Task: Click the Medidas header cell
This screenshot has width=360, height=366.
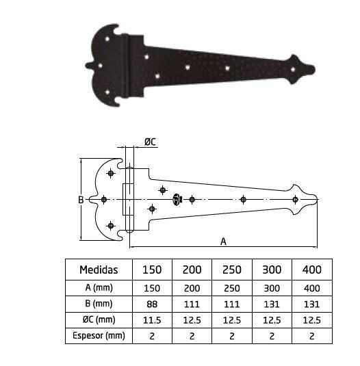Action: [x=99, y=270]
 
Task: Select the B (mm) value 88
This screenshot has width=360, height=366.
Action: [x=152, y=304]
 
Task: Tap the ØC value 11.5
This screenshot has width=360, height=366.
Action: [x=152, y=320]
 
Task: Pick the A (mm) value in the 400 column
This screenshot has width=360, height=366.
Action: [x=312, y=288]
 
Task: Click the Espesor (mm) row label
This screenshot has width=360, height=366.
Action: [x=99, y=336]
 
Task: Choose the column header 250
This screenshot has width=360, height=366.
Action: [x=232, y=270]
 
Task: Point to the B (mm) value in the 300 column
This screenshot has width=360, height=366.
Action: [x=272, y=304]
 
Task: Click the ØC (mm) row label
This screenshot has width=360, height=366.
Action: [x=99, y=319]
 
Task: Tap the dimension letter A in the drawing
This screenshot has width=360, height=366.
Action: [x=223, y=241]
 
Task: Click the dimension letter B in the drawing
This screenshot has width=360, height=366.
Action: [x=81, y=200]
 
